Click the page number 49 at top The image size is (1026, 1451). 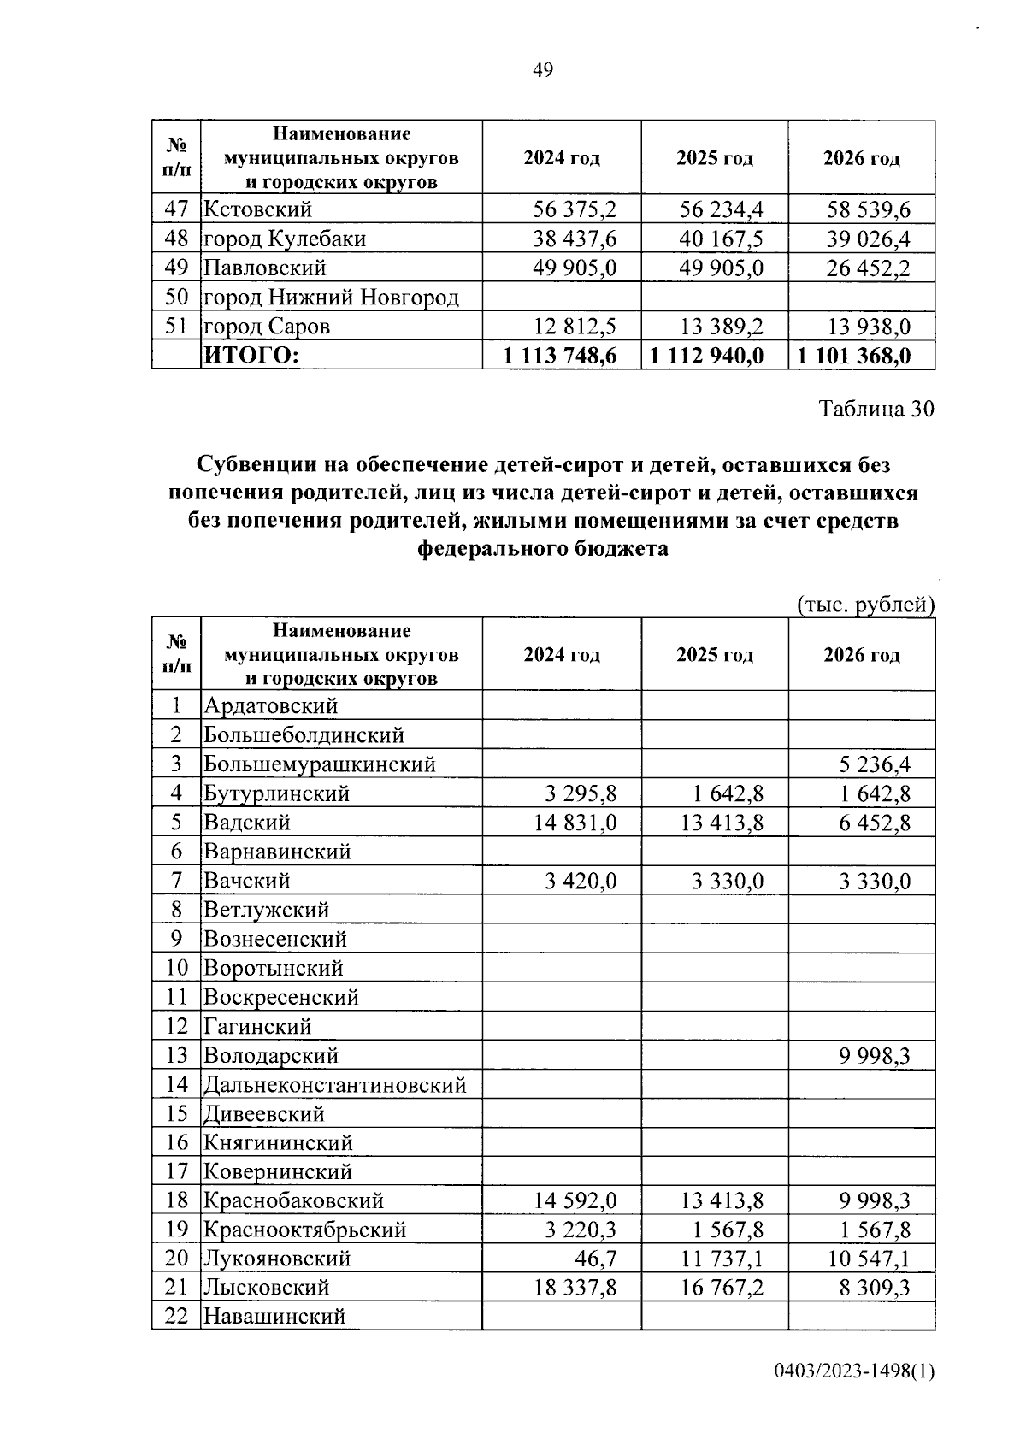click(x=543, y=70)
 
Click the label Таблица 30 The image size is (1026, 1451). click(x=877, y=409)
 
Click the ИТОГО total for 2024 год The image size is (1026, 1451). click(x=561, y=356)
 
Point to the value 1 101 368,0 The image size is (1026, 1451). click(x=854, y=356)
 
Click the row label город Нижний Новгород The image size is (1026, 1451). click(x=331, y=298)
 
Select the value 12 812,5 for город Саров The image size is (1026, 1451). click(x=575, y=327)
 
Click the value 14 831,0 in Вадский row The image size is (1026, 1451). click(x=575, y=823)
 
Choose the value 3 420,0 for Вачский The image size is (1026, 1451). click(x=581, y=881)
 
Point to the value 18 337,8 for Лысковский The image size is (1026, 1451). click(x=575, y=1288)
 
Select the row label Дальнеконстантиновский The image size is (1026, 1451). click(x=335, y=1085)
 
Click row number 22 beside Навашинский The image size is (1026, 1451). click(x=176, y=1317)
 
